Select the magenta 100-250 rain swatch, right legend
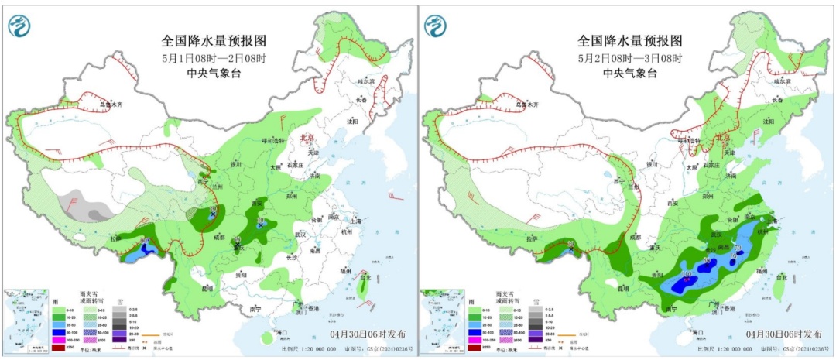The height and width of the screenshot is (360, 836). [x=475, y=338]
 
